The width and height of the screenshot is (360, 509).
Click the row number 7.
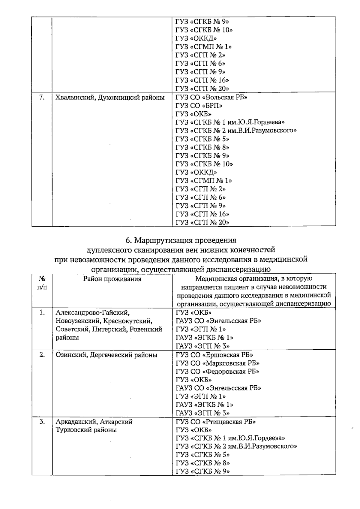point(42,98)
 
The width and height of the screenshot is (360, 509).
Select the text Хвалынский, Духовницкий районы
point(110,98)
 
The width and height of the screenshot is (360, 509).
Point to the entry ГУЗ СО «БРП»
point(199,106)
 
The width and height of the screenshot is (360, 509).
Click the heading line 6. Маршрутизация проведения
point(181,240)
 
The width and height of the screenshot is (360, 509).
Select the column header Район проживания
point(112,279)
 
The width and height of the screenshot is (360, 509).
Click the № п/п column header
point(42,283)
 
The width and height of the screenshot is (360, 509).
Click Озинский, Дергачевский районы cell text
point(106,355)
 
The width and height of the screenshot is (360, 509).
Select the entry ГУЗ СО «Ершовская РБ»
point(214,355)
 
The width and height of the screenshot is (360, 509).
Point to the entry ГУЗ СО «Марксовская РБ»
point(217,363)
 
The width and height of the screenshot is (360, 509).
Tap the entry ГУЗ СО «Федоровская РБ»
point(217,371)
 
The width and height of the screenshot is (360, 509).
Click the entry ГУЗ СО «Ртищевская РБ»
point(216,422)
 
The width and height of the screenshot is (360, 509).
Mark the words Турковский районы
point(86,430)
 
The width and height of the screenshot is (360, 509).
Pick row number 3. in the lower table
point(42,422)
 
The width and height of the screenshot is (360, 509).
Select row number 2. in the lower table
point(42,355)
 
